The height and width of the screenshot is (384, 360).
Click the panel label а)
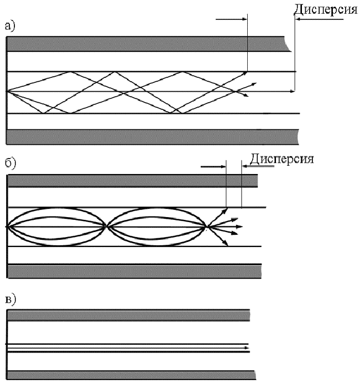(x=10, y=26)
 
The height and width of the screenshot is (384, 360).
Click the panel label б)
(x=11, y=164)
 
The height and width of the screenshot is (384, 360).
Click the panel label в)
(x=11, y=300)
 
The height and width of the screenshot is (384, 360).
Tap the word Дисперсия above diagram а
(x=326, y=10)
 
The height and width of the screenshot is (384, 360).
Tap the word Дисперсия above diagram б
(x=281, y=159)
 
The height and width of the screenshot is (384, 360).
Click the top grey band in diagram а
(x=148, y=44)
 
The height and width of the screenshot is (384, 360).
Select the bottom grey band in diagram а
(x=153, y=137)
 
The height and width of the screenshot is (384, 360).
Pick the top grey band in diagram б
(x=133, y=181)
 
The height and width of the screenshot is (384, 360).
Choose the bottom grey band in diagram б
(x=134, y=271)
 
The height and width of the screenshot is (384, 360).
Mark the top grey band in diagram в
(x=128, y=315)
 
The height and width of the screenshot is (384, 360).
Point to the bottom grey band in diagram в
(x=132, y=375)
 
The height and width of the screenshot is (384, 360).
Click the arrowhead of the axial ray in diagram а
(x=293, y=91)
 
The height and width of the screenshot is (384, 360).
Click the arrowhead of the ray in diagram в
(x=247, y=348)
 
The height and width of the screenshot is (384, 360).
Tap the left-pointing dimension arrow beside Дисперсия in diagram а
(x=320, y=19)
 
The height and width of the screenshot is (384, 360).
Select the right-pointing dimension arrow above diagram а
(x=231, y=19)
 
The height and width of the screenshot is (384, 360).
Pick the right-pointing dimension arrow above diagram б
(x=213, y=166)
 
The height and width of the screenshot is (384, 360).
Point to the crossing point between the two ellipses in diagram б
(x=106, y=227)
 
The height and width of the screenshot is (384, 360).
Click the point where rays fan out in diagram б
(x=207, y=227)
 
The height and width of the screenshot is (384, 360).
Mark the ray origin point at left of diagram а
(x=7, y=91)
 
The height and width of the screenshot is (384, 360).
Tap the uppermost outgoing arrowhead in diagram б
(x=226, y=209)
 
